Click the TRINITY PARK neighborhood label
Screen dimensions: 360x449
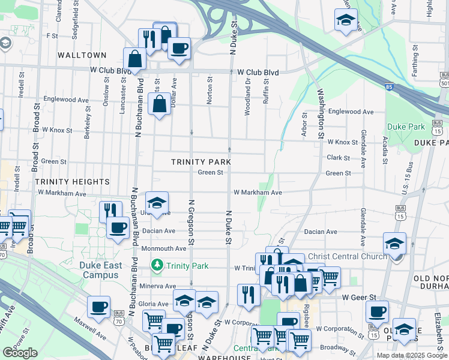200,162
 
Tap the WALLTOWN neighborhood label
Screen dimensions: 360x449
82,55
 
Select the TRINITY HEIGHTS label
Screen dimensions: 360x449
72,181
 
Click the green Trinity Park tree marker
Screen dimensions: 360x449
157,265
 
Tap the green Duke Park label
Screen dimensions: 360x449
406,127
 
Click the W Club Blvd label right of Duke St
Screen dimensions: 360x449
258,73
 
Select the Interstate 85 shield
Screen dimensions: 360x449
390,86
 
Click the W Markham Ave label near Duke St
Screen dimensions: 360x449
258,193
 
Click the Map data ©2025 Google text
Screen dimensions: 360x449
411,355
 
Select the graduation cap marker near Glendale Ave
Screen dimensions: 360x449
394,244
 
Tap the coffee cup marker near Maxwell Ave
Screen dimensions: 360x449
98,307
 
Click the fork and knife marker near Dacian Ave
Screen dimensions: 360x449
110,210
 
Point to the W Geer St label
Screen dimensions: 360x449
358,297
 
